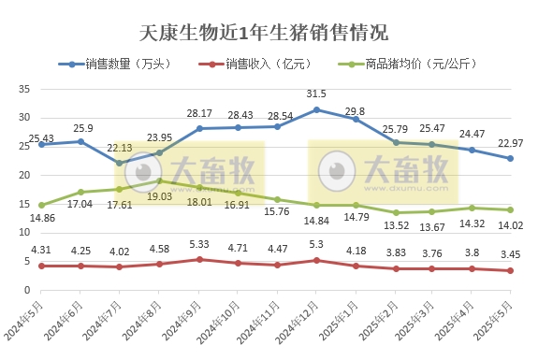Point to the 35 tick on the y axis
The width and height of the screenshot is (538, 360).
pos(24,89)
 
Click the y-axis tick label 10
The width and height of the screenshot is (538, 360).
pos(24,232)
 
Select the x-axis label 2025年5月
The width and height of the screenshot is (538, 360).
pos(498,319)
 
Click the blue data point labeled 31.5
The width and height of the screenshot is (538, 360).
pos(316,109)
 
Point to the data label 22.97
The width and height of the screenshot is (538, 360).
pos(510,142)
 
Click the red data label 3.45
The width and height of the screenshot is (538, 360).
pos(510,254)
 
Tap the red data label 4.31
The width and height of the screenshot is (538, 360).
pos(41,250)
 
